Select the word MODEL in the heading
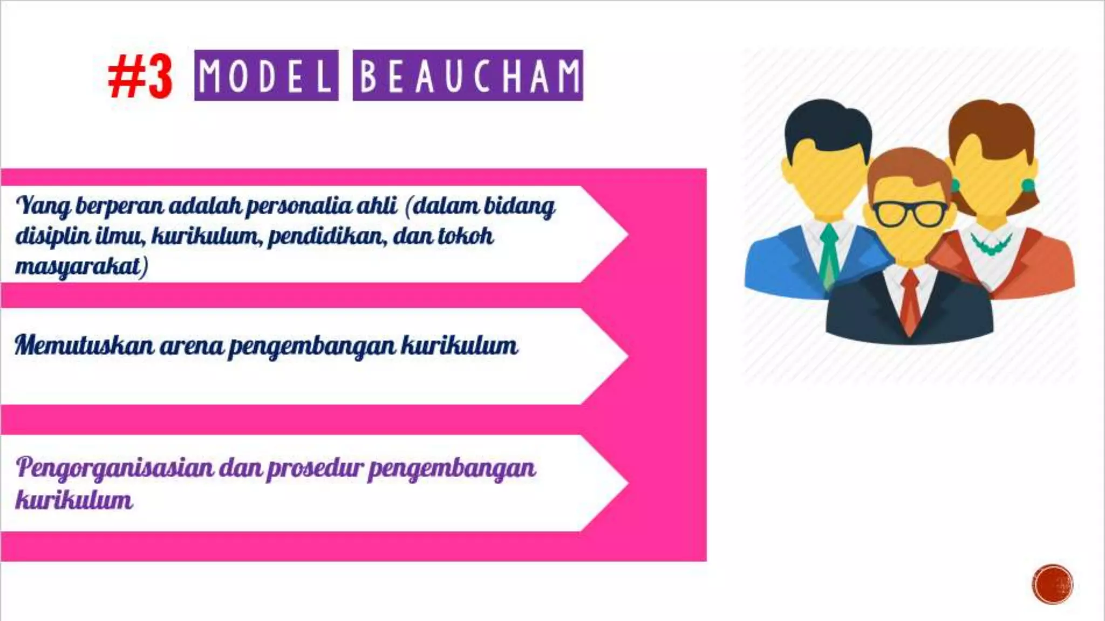[x=266, y=76]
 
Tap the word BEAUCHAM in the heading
[x=468, y=76]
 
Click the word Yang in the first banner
[x=43, y=206]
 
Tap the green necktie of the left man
[x=828, y=253]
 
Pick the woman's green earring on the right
[x=1027, y=186]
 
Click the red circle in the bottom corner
[x=1052, y=584]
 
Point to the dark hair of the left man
[x=828, y=124]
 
